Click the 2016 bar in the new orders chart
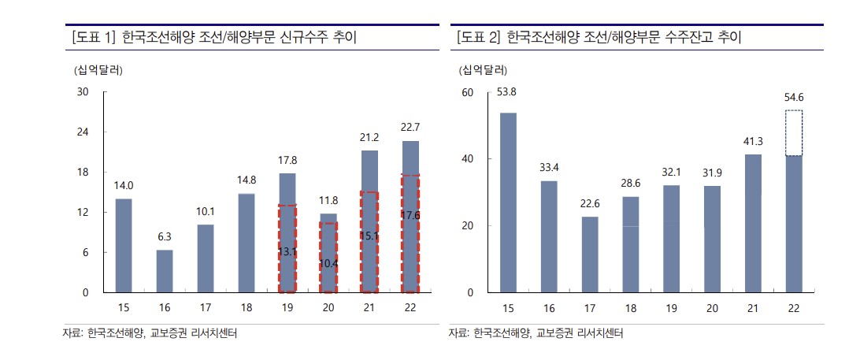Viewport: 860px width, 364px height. tap(165, 271)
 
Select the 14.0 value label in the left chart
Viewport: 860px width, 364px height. tap(124, 186)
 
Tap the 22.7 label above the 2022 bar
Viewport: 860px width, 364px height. tap(410, 128)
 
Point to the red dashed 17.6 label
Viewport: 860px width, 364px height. tap(410, 215)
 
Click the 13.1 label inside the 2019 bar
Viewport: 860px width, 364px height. tap(287, 252)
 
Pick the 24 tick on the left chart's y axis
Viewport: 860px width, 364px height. tap(83, 132)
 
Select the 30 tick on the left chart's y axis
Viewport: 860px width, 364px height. tap(83, 92)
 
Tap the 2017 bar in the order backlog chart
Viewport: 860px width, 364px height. tap(590, 254)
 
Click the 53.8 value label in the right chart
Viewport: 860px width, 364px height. tap(507, 92)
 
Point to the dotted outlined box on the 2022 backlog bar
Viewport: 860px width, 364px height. tap(794, 133)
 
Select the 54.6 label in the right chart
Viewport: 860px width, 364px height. tap(794, 98)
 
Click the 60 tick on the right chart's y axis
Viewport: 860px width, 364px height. tap(467, 92)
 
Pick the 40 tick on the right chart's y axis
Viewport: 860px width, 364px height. tap(467, 159)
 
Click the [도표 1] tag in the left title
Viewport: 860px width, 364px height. tap(93, 37)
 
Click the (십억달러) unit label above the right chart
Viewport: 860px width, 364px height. tap(484, 69)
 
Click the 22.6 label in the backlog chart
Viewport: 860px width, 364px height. tap(590, 204)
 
